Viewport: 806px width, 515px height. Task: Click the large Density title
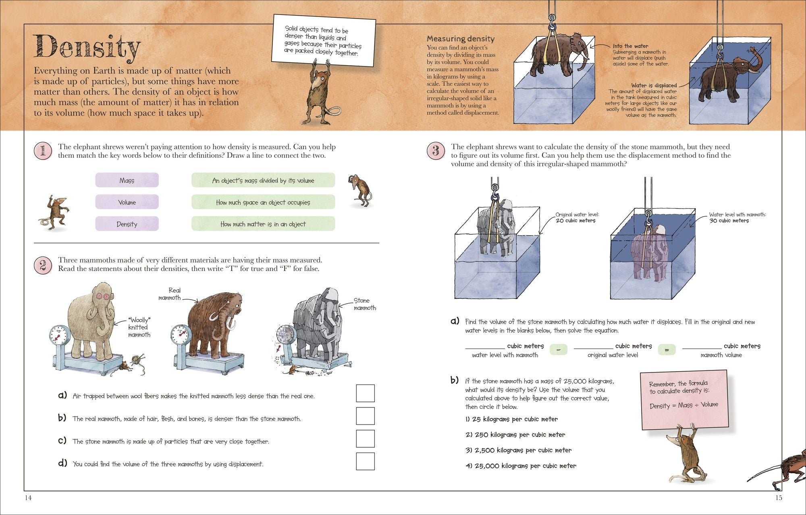click(87, 47)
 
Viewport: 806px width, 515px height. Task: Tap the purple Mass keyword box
click(127, 180)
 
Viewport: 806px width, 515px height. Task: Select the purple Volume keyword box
click(127, 202)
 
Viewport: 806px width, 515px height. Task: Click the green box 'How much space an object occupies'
click(263, 202)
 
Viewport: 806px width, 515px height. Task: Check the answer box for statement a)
click(365, 393)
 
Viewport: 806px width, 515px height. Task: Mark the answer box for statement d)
click(365, 461)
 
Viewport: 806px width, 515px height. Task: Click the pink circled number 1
click(43, 151)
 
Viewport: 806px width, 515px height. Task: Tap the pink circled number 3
click(436, 151)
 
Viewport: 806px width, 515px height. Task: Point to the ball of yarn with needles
click(137, 360)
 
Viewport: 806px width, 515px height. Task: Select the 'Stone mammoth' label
click(364, 304)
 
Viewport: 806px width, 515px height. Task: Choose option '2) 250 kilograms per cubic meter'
click(515, 435)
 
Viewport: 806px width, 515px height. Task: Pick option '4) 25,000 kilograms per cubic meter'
click(521, 466)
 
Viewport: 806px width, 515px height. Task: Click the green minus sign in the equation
click(558, 350)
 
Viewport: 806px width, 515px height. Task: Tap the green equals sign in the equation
click(667, 350)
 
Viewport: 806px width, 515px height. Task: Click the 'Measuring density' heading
click(460, 39)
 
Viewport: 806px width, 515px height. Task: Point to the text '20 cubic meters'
click(575, 221)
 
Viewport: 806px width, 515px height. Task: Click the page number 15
click(779, 498)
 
